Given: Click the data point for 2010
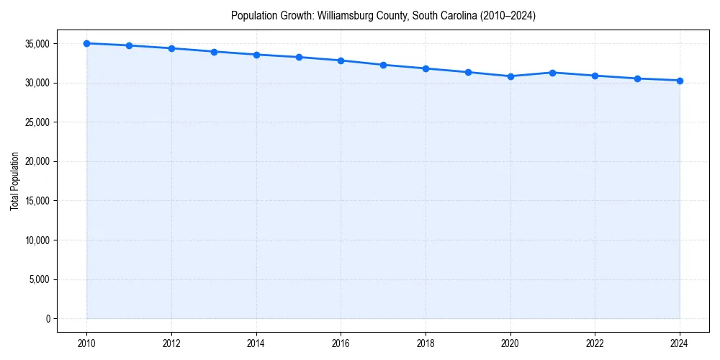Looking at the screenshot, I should pyautogui.click(x=86, y=43).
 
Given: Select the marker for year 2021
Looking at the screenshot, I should pyautogui.click(x=552, y=73).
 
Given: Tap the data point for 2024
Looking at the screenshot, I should pyautogui.click(x=680, y=81).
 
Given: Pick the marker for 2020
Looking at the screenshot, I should pyautogui.click(x=510, y=76).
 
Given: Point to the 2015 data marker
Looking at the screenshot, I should pyautogui.click(x=299, y=57).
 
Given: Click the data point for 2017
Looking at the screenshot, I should pyautogui.click(x=383, y=65).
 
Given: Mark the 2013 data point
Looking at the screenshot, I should pyautogui.click(x=214, y=52).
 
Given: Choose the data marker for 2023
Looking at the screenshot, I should pyautogui.click(x=637, y=78).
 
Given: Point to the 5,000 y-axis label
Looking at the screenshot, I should pyautogui.click(x=40, y=280).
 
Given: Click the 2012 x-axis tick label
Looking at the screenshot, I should pyautogui.click(x=171, y=343).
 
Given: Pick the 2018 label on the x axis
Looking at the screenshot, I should pyautogui.click(x=426, y=343).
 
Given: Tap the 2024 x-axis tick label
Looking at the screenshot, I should pyautogui.click(x=680, y=343).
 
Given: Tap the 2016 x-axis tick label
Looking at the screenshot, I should pyautogui.click(x=341, y=343).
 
